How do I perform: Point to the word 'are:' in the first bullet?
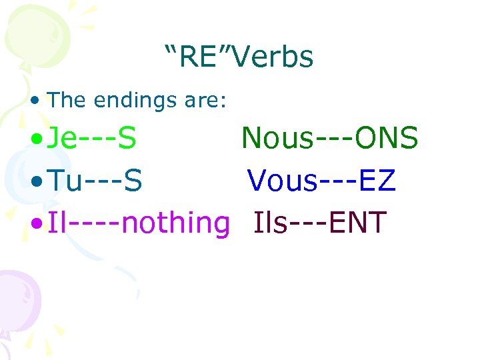pyautogui.click(x=207, y=100)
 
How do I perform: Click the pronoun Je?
pyautogui.click(x=64, y=139)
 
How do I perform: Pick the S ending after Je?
pyautogui.click(x=127, y=139)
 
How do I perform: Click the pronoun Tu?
pyautogui.click(x=66, y=180)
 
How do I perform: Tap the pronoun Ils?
pyautogui.click(x=271, y=222)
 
